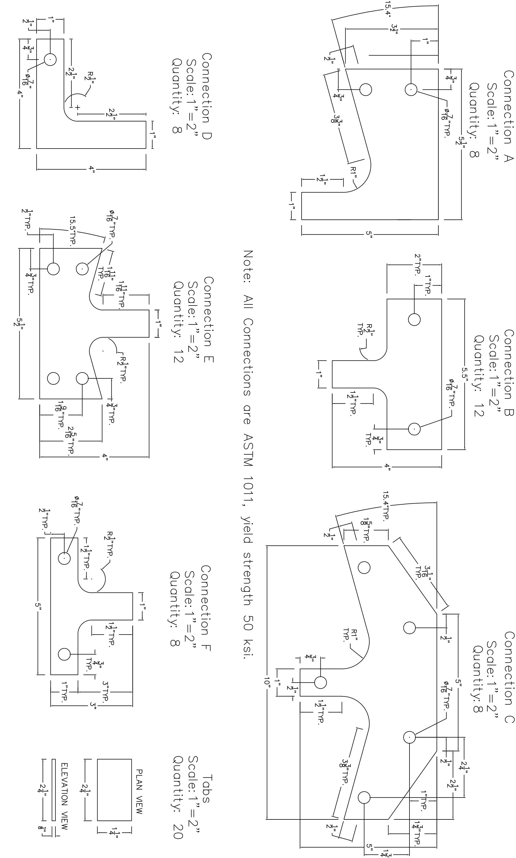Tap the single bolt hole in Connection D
click(50, 60)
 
